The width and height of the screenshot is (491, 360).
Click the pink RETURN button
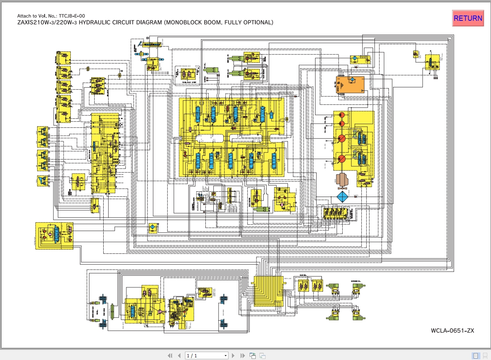(468, 18)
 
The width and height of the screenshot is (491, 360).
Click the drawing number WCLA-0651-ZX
(452, 331)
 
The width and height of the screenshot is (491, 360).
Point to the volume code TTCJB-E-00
(72, 16)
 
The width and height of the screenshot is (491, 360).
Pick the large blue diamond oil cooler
(343, 197)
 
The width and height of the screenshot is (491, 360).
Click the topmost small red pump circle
(342, 115)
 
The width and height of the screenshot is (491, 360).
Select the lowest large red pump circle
(342, 159)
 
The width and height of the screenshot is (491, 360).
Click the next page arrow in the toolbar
(233, 355)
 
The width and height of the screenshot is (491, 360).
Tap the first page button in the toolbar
(170, 355)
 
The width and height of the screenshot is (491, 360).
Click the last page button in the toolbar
(242, 355)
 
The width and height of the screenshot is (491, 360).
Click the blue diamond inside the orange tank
(351, 80)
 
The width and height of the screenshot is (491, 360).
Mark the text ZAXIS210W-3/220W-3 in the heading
(47, 22)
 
